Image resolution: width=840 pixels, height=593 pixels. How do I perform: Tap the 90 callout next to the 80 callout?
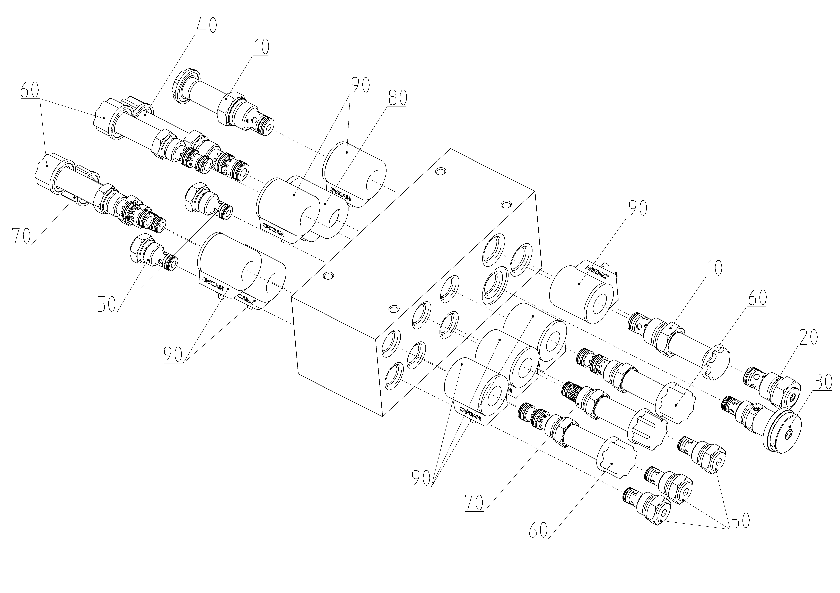pyautogui.click(x=360, y=85)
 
